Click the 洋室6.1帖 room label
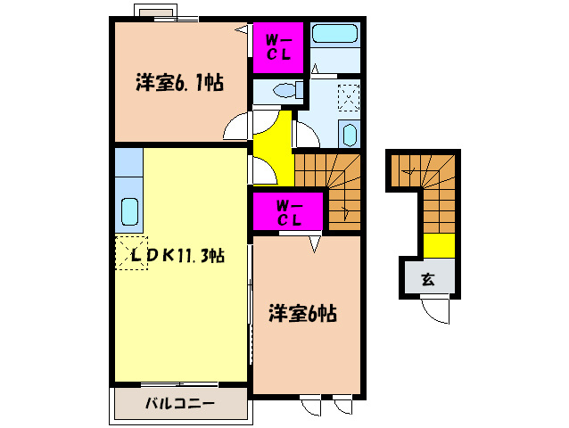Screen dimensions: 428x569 point(179,84)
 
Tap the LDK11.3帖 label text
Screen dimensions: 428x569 point(178,254)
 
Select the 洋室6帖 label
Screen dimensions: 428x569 point(303,314)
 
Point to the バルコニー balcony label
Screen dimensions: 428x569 point(180,404)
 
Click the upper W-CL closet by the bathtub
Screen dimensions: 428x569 point(278,46)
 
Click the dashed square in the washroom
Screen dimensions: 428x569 point(350,96)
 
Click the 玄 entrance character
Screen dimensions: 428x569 point(427,279)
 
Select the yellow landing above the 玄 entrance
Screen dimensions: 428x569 point(438,243)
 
